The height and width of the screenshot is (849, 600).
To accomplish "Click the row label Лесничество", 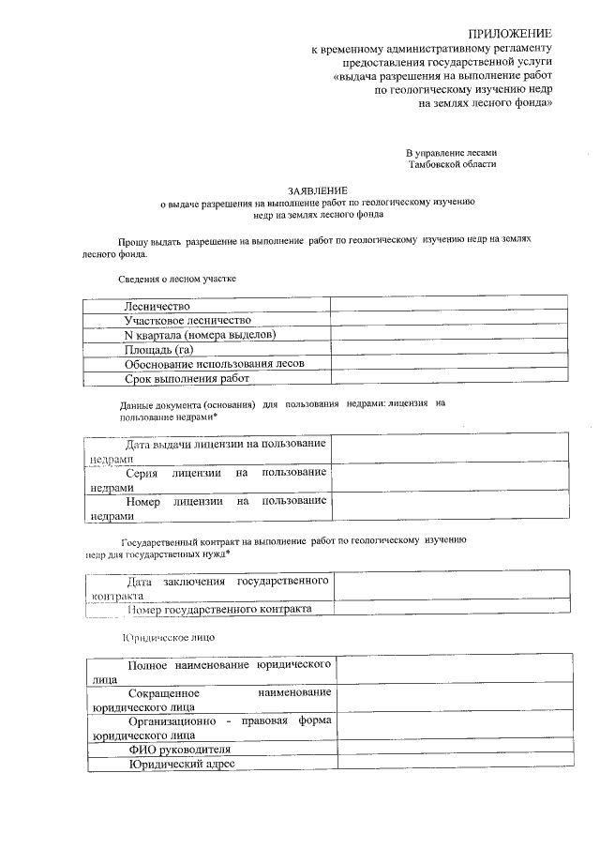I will (157, 306).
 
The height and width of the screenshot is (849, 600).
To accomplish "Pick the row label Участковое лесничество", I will (187, 320).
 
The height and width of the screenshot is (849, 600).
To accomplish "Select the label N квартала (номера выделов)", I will (199, 335).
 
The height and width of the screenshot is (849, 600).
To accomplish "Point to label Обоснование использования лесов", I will (215, 364).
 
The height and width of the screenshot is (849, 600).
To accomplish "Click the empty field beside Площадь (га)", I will (448, 349).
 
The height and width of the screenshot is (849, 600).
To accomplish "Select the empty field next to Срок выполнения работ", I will (448, 379).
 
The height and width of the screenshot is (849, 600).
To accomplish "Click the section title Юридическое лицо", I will (169, 637).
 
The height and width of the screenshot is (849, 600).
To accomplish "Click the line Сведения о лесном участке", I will (177, 279).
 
